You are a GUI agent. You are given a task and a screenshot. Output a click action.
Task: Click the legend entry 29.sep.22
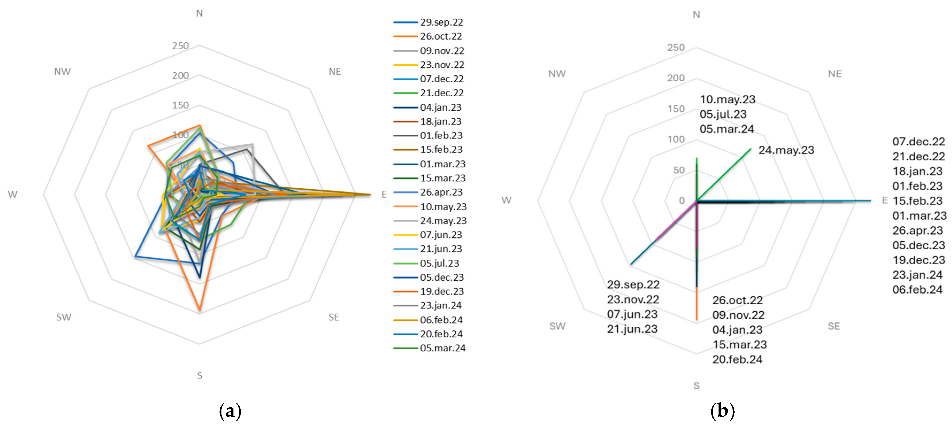pyautogui.click(x=441, y=22)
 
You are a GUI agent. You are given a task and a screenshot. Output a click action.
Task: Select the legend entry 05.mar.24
pyautogui.click(x=442, y=348)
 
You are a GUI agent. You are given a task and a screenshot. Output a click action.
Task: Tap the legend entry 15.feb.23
pyautogui.click(x=441, y=150)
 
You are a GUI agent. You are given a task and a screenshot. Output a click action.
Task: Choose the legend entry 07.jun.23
pyautogui.click(x=441, y=235)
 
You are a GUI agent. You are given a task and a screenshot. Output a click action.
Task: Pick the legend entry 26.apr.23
pyautogui.click(x=441, y=192)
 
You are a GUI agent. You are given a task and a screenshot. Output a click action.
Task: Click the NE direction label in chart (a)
pyautogui.click(x=335, y=72)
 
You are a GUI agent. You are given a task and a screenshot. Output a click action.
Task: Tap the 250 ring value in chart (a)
pyautogui.click(x=180, y=46)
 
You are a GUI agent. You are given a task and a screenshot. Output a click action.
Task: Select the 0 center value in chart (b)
pyautogui.click(x=681, y=201)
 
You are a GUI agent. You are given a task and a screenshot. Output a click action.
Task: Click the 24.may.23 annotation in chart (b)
pyautogui.click(x=786, y=150)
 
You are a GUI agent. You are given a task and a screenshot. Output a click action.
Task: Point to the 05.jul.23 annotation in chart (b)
pyautogui.click(x=723, y=114)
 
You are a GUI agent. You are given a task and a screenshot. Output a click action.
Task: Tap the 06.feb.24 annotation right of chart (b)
pyautogui.click(x=917, y=290)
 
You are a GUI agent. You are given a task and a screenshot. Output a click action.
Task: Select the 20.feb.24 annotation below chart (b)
pyautogui.click(x=737, y=360)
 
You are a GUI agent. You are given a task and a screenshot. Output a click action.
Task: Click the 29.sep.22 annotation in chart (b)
pyautogui.click(x=633, y=284)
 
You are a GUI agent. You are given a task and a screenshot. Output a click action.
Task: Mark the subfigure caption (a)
pyautogui.click(x=230, y=411)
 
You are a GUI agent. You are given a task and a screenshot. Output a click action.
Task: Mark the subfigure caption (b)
pyautogui.click(x=722, y=411)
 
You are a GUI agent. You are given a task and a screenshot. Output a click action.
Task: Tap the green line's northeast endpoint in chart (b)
pyautogui.click(x=751, y=149)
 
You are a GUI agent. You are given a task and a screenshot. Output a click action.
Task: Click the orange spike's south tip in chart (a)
pyautogui.click(x=199, y=310)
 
